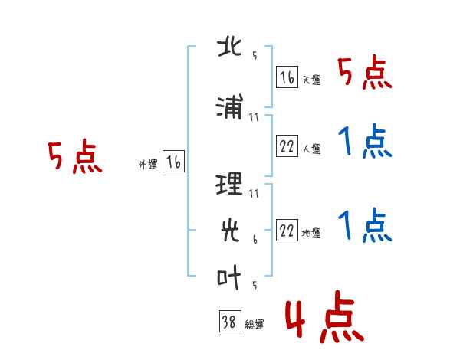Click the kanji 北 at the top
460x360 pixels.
229,47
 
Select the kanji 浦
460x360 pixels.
230,106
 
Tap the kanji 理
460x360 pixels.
229,184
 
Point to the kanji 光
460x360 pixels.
230,231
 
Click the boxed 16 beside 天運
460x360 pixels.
287,77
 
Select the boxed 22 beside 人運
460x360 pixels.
287,146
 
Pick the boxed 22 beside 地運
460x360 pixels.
287,230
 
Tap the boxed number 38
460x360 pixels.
230,321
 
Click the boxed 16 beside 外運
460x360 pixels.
173,162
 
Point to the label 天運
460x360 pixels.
311,80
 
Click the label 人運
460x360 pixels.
311,149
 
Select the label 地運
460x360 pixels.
311,234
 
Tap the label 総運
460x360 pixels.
255,325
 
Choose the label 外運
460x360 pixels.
148,165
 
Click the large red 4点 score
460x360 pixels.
324,316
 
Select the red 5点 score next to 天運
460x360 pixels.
365,72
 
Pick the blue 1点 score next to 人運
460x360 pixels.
365,141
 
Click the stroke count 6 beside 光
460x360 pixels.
255,240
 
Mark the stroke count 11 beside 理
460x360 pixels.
254,194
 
